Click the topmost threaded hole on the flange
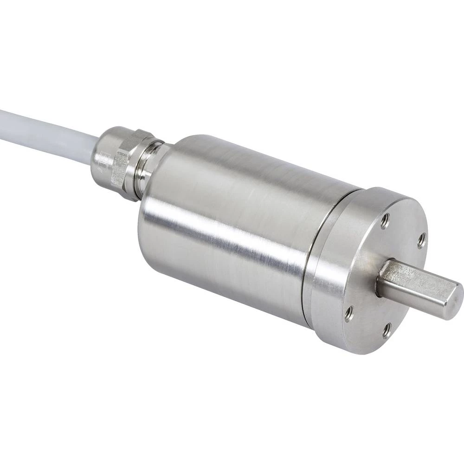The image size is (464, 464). (385, 221)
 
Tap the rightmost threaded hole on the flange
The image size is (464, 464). (421, 240)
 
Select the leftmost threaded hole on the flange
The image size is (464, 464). (348, 314)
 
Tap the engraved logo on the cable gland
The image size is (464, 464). (106, 160)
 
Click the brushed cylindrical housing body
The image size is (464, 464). (232, 223)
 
